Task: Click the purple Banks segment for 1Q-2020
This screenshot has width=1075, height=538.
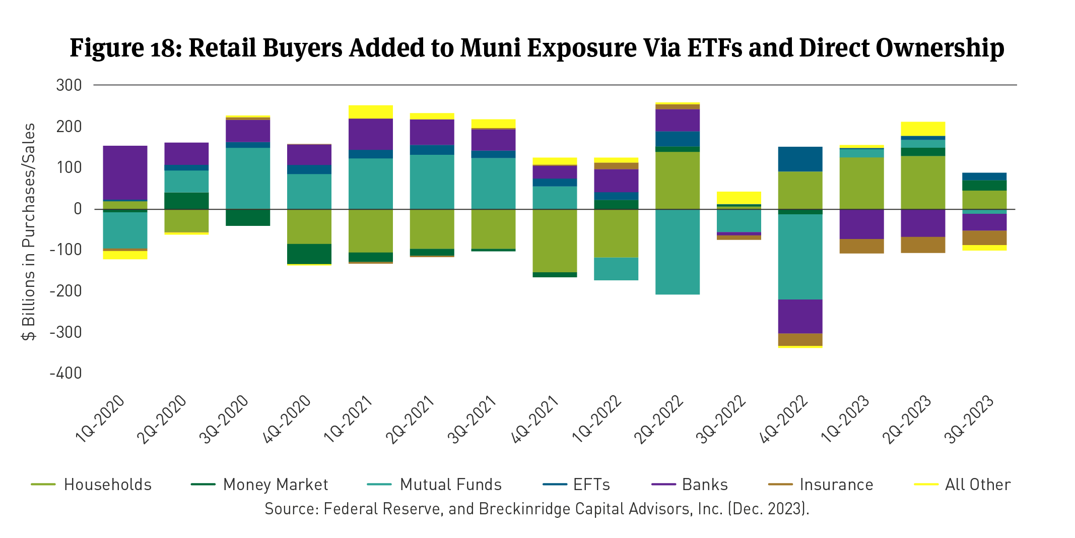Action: (x=125, y=172)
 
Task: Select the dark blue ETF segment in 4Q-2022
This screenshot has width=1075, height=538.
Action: (x=800, y=159)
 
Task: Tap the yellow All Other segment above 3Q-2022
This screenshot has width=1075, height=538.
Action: (x=738, y=197)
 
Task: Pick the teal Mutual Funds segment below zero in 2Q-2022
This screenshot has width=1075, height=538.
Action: (x=677, y=252)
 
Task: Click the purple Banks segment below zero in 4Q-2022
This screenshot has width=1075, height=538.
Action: (x=800, y=316)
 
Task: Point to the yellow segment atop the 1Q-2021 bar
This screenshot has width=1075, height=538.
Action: (x=370, y=111)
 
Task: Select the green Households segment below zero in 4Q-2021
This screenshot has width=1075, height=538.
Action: (x=555, y=241)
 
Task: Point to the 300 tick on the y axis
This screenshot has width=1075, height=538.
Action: (x=69, y=85)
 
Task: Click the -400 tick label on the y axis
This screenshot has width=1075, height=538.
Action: (x=65, y=373)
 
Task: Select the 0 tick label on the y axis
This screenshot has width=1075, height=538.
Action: (x=77, y=209)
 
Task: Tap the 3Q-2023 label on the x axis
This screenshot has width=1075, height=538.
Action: (x=970, y=420)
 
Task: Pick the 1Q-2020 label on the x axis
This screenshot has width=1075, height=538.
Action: (x=100, y=420)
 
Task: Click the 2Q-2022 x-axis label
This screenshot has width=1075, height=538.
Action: (x=658, y=420)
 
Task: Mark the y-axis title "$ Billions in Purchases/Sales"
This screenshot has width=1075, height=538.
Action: (x=29, y=232)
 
